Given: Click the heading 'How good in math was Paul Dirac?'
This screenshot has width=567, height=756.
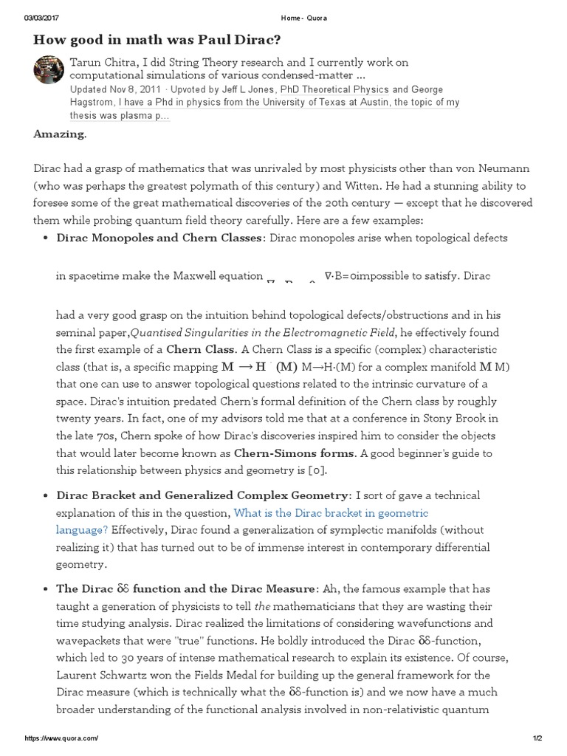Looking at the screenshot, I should pos(173,40).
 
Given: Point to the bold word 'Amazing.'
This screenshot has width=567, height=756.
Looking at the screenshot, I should pos(61,134).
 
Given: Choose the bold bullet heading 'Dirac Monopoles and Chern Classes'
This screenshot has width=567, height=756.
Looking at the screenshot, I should pos(159,238).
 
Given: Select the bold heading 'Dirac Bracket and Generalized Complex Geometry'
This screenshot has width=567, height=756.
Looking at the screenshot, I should pos(202,495).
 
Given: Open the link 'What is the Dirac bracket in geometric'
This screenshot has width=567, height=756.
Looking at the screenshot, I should pos(331,512).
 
